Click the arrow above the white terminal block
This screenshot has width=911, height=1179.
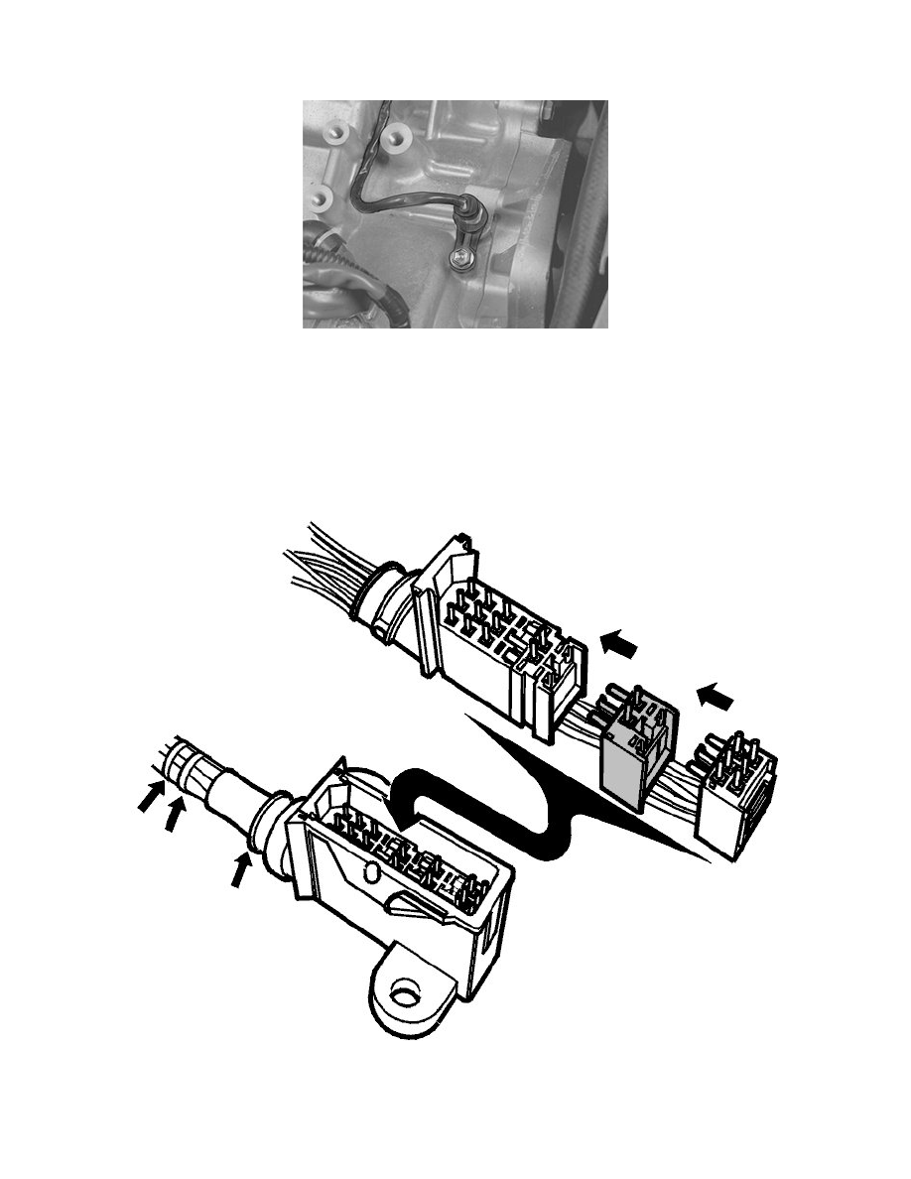pyautogui.click(x=716, y=698)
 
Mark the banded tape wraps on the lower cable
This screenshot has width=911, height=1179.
pyautogui.click(x=183, y=765)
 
